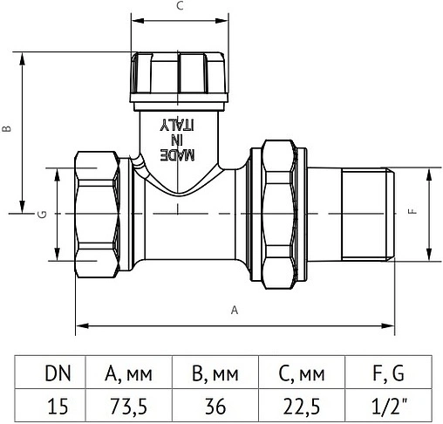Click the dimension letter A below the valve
[x=234, y=310]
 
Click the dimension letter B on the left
[x=7, y=128]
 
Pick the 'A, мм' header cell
[x=128, y=375]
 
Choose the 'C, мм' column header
[x=303, y=375]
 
